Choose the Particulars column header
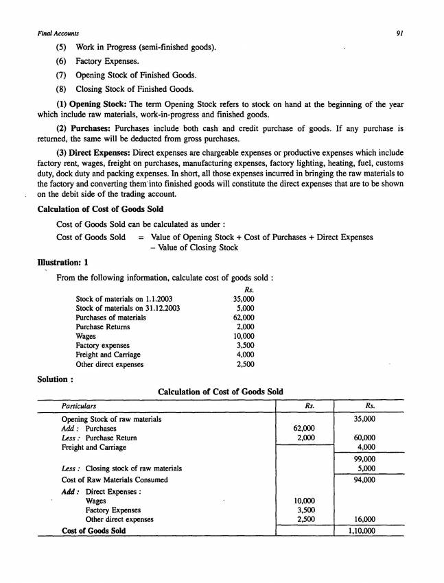point(79,405)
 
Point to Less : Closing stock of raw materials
point(121,468)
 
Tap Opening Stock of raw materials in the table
point(112,418)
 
